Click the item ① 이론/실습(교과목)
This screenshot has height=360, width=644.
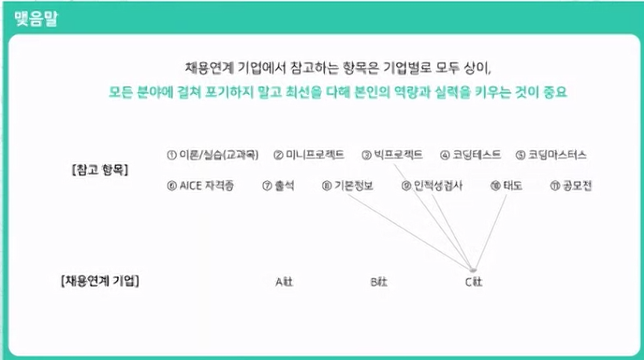213,155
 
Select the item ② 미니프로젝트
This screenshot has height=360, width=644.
309,155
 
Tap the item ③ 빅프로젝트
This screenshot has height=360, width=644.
392,155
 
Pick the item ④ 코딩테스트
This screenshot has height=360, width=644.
471,155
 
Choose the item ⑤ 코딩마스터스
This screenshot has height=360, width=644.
551,155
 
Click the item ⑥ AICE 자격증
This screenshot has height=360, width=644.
201,186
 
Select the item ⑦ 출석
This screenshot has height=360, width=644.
278,186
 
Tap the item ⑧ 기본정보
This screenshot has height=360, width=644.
347,186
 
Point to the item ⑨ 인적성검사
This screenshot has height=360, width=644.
432,186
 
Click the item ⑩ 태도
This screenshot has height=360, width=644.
506,186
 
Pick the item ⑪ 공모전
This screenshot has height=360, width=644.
571,186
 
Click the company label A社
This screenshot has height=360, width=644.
285,282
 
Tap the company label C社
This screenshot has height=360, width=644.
474,282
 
